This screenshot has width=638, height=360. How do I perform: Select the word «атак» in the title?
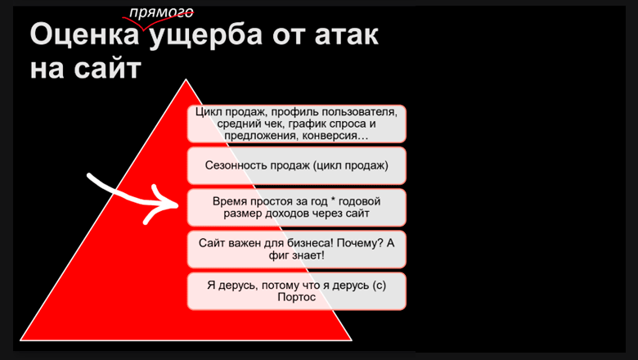[344, 37]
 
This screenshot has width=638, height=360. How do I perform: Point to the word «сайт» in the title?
[107, 68]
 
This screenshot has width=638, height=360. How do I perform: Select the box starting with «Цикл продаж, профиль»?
[296, 124]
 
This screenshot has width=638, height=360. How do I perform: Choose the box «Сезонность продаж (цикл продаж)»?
[296, 166]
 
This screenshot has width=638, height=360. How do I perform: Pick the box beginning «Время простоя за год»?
[296, 207]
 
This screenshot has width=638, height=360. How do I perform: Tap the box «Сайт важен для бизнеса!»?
[296, 249]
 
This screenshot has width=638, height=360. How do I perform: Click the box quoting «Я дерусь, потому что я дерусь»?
[296, 291]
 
